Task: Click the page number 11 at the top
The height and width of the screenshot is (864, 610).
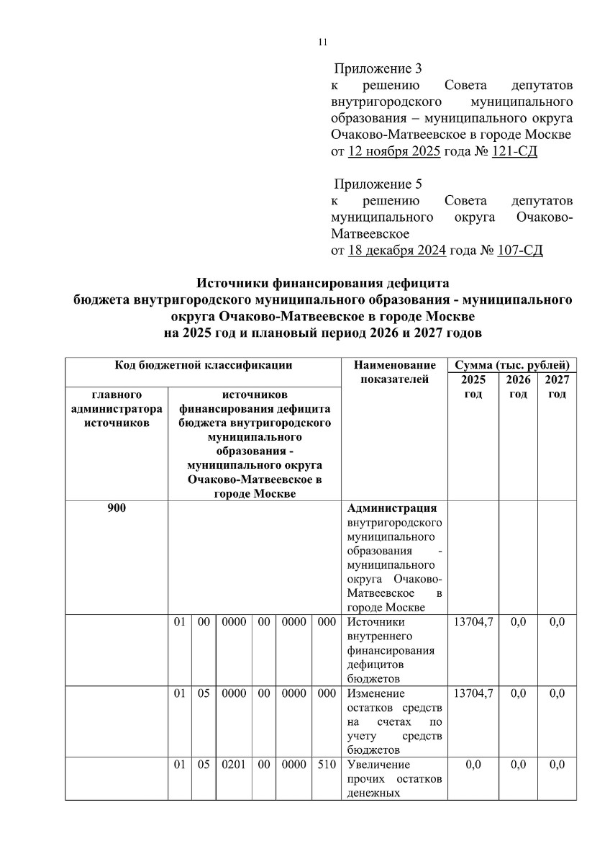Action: coord(322,42)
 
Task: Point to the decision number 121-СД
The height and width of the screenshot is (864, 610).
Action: coord(514,151)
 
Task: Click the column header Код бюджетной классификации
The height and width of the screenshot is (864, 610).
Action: coord(204,365)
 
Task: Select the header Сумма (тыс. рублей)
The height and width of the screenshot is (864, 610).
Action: coord(511,365)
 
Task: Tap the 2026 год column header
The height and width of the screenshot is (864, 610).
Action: coord(519,387)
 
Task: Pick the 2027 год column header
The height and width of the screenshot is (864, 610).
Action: coord(557,387)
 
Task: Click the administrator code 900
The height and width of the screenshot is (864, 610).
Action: coord(117,509)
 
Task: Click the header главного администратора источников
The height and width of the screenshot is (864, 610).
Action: coord(117,409)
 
